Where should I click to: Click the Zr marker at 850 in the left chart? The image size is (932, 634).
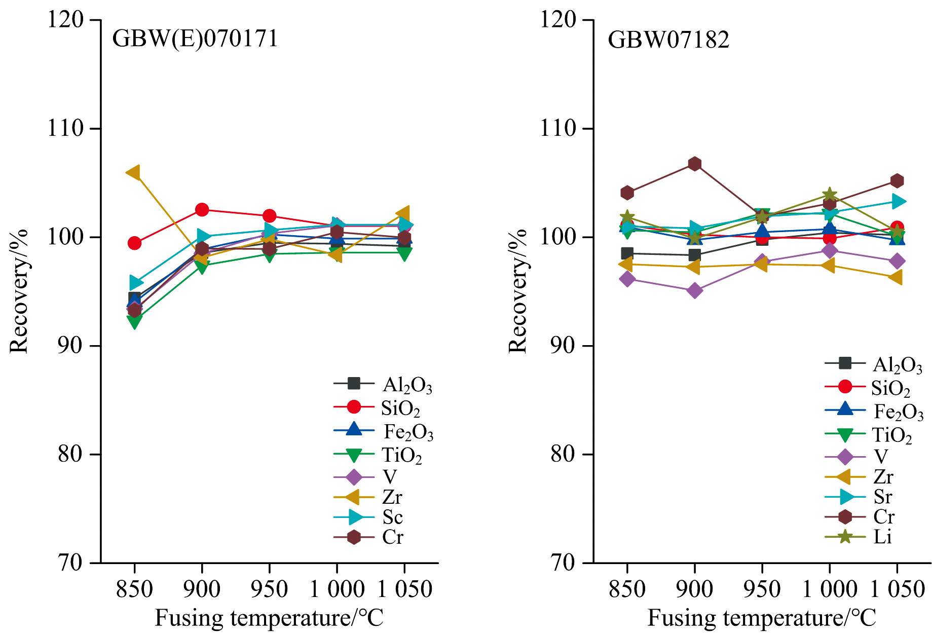(134, 173)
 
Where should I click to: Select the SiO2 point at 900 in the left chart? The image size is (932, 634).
(202, 209)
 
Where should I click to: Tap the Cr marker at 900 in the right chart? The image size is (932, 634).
(694, 164)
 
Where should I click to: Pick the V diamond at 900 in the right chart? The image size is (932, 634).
(694, 291)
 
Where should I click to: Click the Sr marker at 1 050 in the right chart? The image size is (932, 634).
(897, 202)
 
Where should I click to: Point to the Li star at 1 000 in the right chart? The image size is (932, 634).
(829, 195)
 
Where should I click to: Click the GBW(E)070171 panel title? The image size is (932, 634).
(195, 39)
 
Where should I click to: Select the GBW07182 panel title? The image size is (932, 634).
(668, 40)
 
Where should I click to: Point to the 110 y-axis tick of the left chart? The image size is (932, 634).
(65, 128)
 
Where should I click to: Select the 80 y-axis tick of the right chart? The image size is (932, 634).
(564, 454)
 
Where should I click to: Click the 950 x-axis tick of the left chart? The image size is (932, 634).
(269, 589)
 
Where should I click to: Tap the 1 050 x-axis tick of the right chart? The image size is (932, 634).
(898, 589)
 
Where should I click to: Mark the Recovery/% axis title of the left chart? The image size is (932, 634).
(19, 291)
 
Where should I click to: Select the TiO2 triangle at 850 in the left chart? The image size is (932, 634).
(134, 321)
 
